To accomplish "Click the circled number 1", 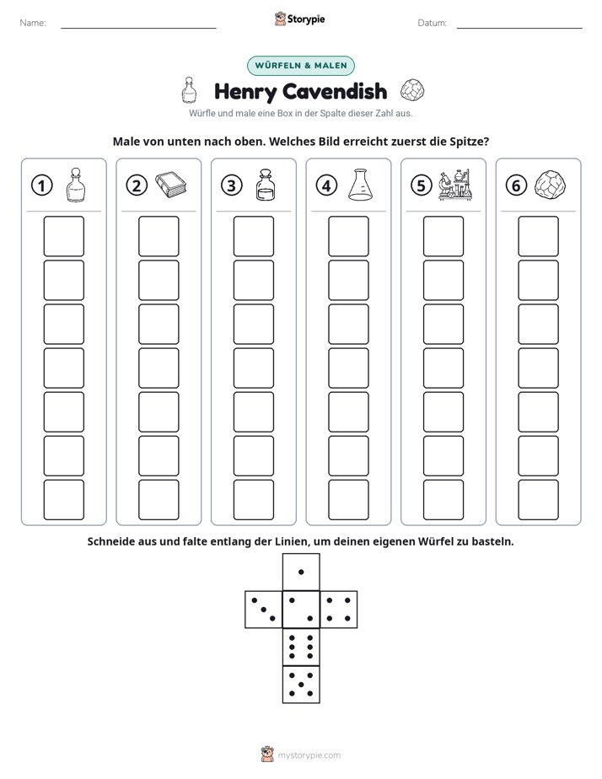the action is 41,185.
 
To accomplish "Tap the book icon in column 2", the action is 171,185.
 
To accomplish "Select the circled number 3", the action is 232,185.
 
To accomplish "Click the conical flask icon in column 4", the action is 360,185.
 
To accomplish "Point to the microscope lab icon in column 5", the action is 455,185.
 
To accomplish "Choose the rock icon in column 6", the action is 550,185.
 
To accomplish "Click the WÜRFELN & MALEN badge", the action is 301,66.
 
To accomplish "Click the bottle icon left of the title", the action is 189,90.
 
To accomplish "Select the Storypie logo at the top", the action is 299,19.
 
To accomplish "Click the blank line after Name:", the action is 138,28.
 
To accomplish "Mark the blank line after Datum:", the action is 519,28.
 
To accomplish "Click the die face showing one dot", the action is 301,572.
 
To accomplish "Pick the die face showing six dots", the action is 301,647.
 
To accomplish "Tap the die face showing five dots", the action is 301,685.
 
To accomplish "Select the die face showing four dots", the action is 339,610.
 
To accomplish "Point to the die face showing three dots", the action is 264,610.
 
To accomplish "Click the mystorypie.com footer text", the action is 309,755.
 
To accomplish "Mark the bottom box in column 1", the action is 64,500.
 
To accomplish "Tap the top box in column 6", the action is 539,236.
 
